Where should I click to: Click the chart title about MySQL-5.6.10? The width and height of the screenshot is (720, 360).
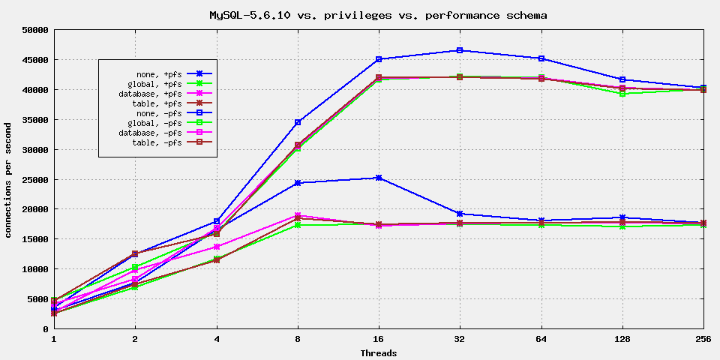click(378, 14)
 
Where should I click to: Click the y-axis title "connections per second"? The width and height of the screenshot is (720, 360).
click(8, 180)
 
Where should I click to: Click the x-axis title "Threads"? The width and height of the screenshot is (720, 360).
click(378, 352)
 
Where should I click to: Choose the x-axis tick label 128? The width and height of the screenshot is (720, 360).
click(622, 339)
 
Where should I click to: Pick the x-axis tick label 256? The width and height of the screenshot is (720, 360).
click(703, 339)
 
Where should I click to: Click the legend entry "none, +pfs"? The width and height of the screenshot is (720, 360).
click(154, 73)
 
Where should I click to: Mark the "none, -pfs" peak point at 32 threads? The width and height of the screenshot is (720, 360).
click(460, 50)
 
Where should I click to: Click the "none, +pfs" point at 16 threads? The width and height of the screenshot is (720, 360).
click(379, 178)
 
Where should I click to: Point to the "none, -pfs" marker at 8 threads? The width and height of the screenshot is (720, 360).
click(298, 122)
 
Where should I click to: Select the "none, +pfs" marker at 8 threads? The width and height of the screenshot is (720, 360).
click(298, 183)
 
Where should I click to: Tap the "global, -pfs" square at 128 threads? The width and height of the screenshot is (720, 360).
click(622, 94)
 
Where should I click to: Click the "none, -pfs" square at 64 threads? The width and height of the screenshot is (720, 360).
click(541, 58)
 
